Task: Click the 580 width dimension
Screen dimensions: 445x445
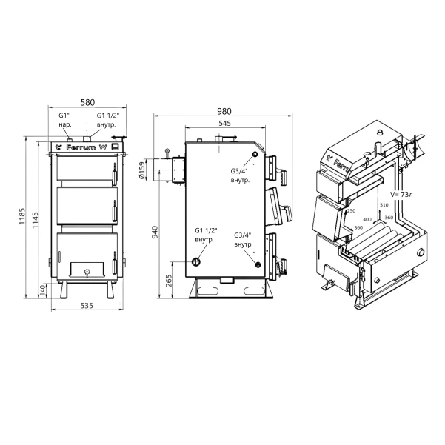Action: [87, 102]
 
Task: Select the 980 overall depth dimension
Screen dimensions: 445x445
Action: [224, 111]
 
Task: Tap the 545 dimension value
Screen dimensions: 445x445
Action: [225, 123]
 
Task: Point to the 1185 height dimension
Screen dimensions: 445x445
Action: [22, 216]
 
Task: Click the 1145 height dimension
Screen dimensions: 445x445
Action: [35, 220]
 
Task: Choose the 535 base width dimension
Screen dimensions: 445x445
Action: [87, 305]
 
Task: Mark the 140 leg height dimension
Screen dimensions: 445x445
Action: [42, 291]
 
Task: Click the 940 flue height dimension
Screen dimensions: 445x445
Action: [155, 232]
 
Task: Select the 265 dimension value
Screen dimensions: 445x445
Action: [169, 281]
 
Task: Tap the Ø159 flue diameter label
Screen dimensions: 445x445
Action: [141, 171]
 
